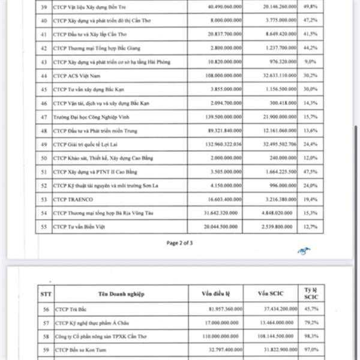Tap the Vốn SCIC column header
coord(275,293)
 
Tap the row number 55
coord(43,227)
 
